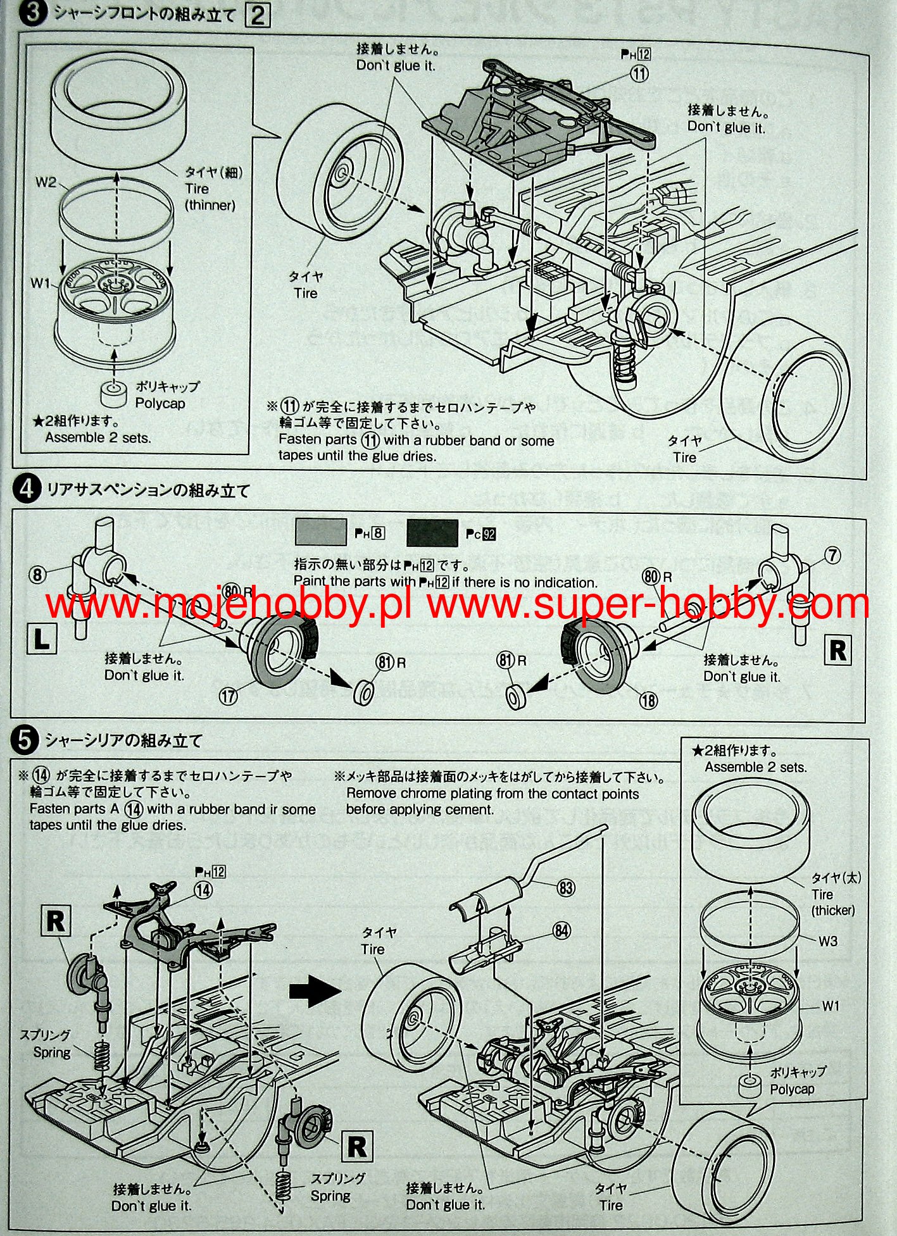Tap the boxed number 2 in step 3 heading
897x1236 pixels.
[x=258, y=15]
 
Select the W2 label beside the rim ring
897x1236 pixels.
[x=46, y=183]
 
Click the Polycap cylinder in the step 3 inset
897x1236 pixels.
[x=115, y=394]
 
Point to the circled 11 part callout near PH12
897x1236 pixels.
[x=639, y=74]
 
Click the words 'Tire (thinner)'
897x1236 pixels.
[x=210, y=197]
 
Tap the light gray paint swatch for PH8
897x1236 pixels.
[x=320, y=532]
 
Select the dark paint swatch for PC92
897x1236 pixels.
[x=432, y=533]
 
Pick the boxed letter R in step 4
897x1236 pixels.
[x=837, y=651]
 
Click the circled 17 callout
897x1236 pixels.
[x=228, y=696]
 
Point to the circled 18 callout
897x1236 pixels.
[x=648, y=700]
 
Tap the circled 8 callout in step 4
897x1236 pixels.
[x=38, y=575]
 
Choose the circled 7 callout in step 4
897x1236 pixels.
[x=832, y=556]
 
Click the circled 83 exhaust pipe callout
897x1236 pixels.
[x=565, y=887]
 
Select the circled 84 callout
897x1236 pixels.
[x=561, y=930]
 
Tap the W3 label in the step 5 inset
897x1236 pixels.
[x=828, y=941]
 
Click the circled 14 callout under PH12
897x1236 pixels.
[x=203, y=890]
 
